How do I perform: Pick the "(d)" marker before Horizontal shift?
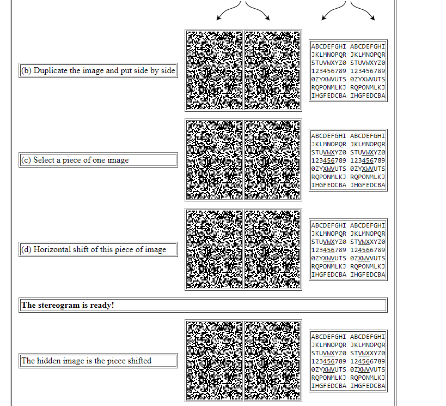pyautogui.click(x=26, y=249)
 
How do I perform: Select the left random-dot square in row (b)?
pyautogui.click(x=214, y=70)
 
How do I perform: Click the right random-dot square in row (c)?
pyautogui.click(x=272, y=160)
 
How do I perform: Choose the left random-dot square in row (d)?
pyautogui.click(x=214, y=249)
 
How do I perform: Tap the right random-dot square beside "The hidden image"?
pyautogui.click(x=272, y=361)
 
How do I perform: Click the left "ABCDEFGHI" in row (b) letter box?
pyautogui.click(x=328, y=46)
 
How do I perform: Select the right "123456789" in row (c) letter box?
pyautogui.click(x=368, y=160)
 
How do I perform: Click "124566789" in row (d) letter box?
pyautogui.click(x=368, y=250)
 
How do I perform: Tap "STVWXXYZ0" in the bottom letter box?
pyautogui.click(x=368, y=353)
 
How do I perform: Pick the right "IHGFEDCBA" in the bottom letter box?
pyautogui.click(x=368, y=386)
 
